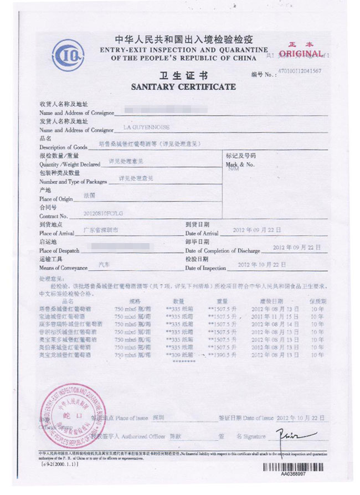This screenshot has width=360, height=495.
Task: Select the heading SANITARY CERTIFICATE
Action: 183,87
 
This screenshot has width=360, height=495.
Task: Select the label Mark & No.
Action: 240,164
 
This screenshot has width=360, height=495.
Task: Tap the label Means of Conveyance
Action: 63,268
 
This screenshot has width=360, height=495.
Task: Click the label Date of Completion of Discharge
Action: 222,250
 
